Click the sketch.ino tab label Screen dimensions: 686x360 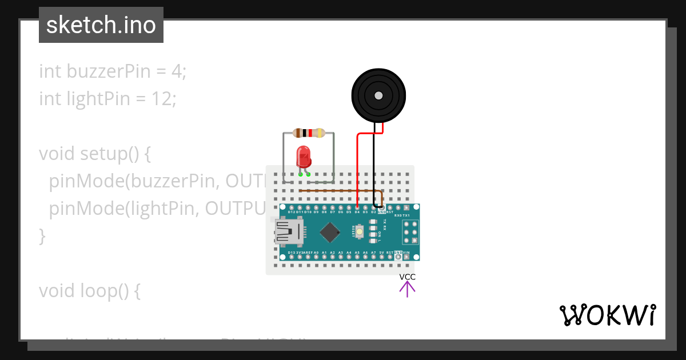click(x=101, y=25)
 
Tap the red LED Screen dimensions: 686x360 click(x=303, y=157)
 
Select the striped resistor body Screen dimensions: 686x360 click(x=309, y=133)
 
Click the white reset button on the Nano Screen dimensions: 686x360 click(x=360, y=231)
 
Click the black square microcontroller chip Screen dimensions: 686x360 click(x=330, y=231)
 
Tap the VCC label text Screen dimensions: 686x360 click(x=408, y=277)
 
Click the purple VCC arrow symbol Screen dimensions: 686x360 click(x=408, y=289)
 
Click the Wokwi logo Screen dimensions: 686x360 click(x=607, y=315)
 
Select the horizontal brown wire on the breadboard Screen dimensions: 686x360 click(x=337, y=190)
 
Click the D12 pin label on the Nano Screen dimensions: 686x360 click(x=292, y=212)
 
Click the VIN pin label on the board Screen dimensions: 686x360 click(x=406, y=252)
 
